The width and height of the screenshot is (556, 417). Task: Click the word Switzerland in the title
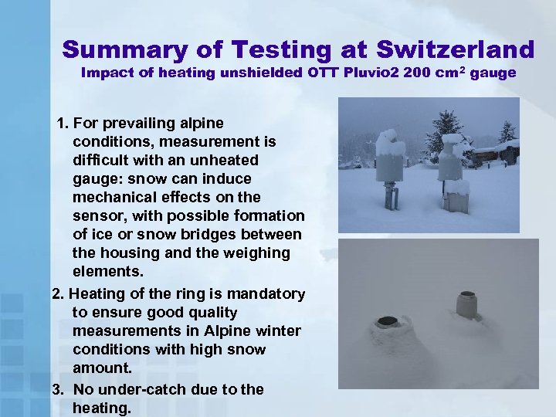click(455, 50)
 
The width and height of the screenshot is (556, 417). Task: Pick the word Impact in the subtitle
click(107, 74)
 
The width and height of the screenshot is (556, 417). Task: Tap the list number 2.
click(56, 294)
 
